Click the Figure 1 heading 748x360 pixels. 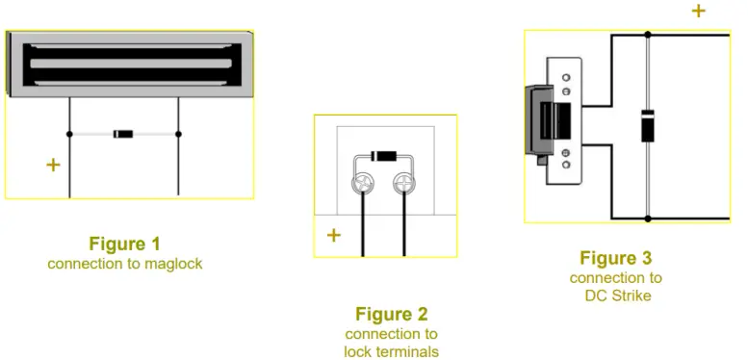click(x=124, y=244)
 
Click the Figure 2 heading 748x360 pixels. click(x=391, y=314)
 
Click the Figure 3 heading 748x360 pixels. click(x=615, y=258)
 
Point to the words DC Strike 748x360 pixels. click(x=615, y=296)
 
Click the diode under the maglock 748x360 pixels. click(x=123, y=134)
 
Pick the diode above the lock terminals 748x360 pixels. click(x=384, y=155)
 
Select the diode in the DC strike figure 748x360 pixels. click(x=648, y=125)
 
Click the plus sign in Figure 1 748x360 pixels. click(x=53, y=166)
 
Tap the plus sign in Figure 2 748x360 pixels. click(x=333, y=235)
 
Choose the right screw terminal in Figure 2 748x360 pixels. click(x=404, y=185)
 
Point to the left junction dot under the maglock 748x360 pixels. click(x=69, y=134)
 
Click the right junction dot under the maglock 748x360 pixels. click(x=178, y=134)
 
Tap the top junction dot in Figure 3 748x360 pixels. click(x=648, y=35)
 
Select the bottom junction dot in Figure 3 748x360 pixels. click(x=648, y=219)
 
